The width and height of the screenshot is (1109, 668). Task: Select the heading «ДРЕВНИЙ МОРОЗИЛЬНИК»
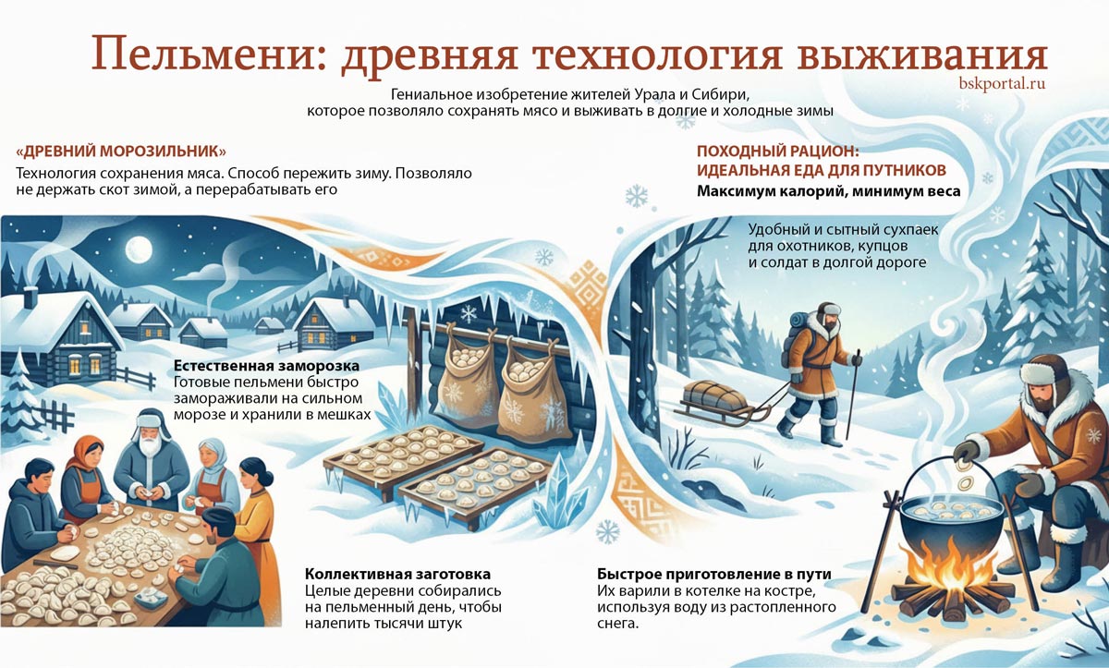coord(121,151)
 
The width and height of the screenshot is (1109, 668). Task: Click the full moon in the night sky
coord(138,248)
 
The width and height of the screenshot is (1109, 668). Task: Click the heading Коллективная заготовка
coord(397,574)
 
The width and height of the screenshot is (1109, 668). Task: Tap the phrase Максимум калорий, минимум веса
coord(828,191)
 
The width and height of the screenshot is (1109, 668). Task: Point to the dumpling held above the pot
coord(966,482)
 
